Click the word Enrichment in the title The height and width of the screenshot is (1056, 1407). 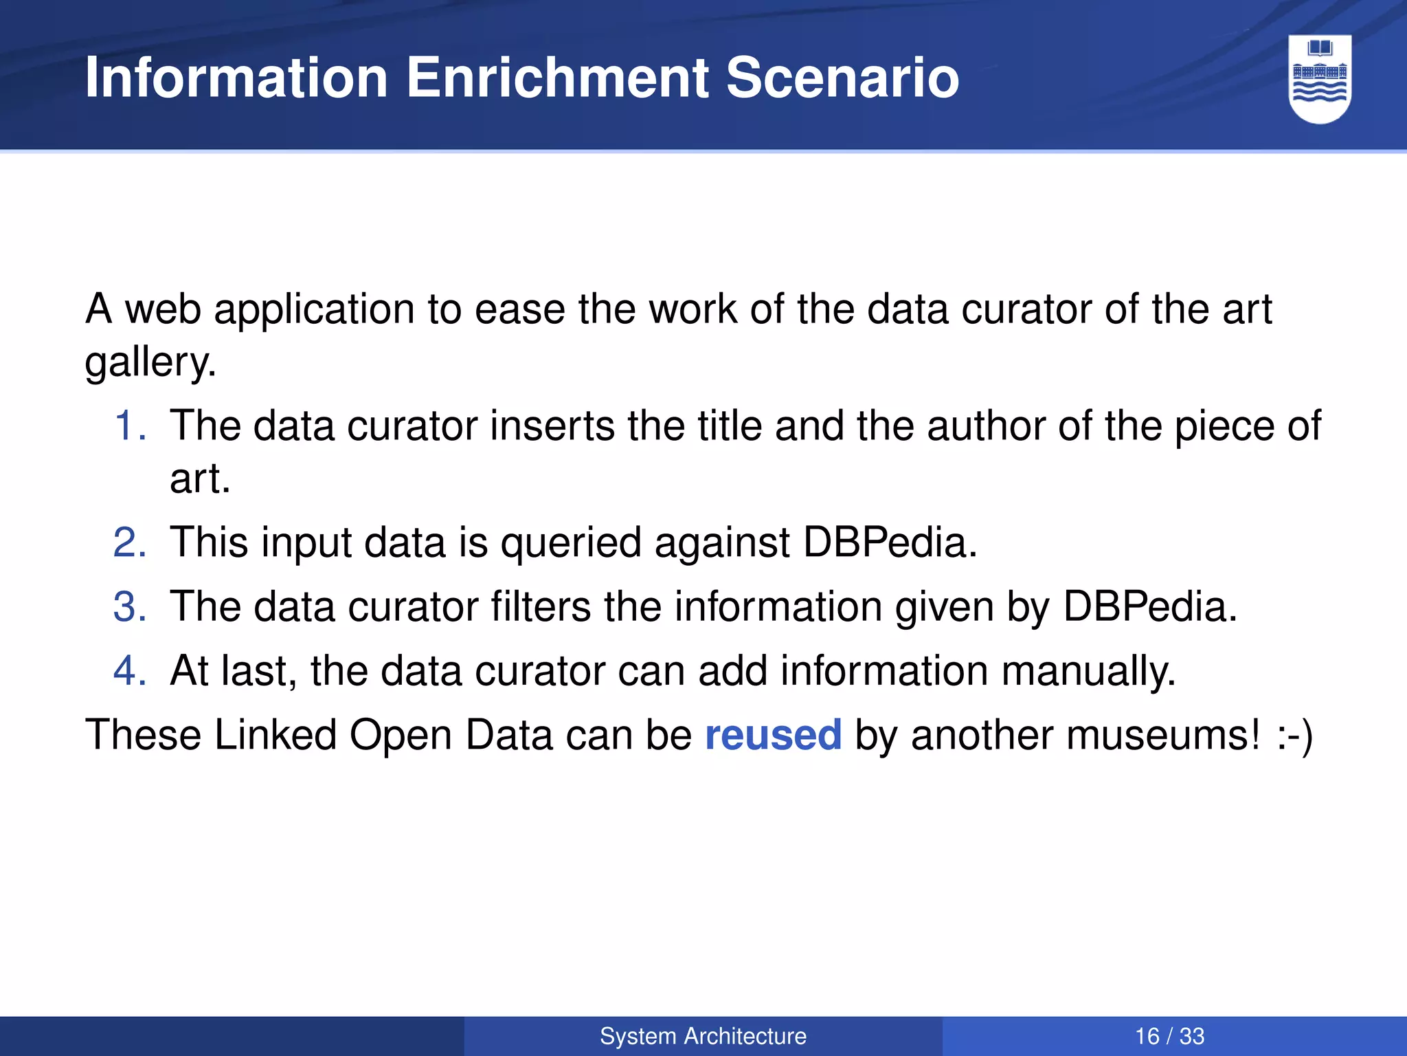pyautogui.click(x=558, y=78)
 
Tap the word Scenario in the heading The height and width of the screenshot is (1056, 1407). pyautogui.click(x=842, y=78)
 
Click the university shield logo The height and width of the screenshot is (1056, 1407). pyautogui.click(x=1320, y=79)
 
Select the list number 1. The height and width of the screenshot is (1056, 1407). pyautogui.click(x=129, y=426)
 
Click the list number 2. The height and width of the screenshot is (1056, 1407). pyautogui.click(x=129, y=542)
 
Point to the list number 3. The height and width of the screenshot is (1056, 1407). pyautogui.click(x=129, y=606)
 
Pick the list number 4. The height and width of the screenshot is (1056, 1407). pyautogui.click(x=129, y=670)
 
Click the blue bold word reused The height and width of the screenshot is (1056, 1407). pyautogui.click(x=773, y=735)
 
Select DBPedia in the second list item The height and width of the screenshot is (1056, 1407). pyautogui.click(x=890, y=542)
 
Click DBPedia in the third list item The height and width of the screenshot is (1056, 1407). pyautogui.click(x=1149, y=606)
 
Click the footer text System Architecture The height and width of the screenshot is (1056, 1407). pyautogui.click(x=703, y=1036)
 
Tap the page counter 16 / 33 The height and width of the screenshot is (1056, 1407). pyautogui.click(x=1169, y=1036)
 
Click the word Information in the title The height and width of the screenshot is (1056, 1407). pyautogui.click(x=236, y=78)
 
